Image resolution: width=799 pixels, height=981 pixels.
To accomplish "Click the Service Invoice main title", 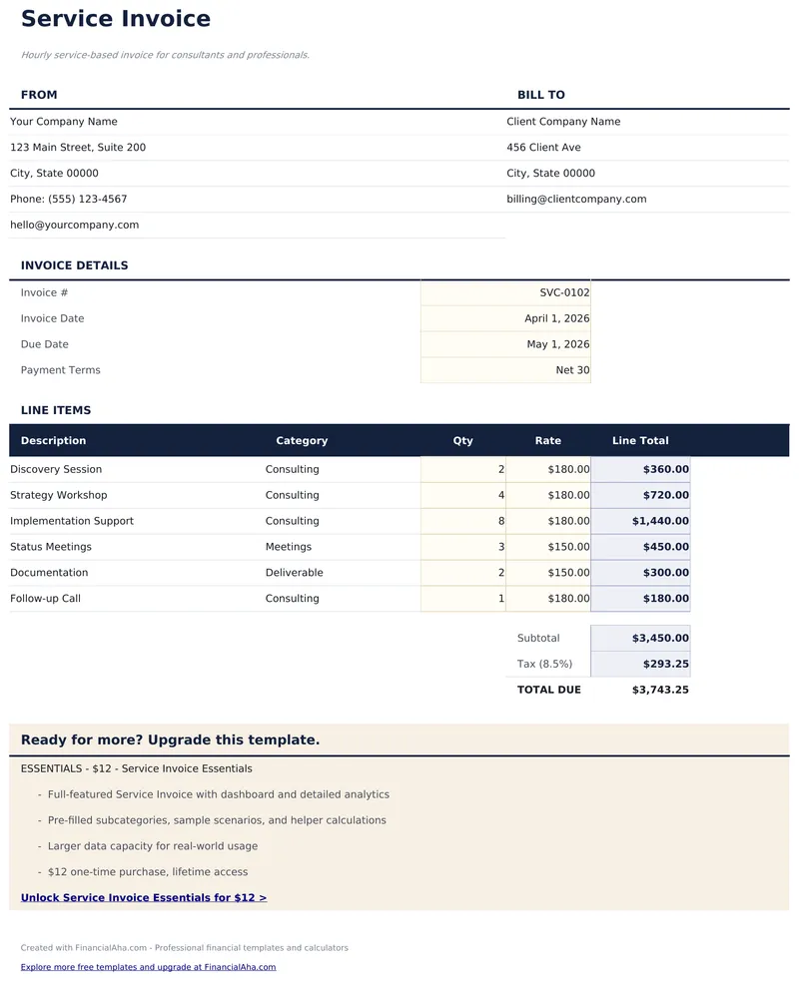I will (x=116, y=19).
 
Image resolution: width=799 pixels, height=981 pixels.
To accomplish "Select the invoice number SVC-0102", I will (x=564, y=293).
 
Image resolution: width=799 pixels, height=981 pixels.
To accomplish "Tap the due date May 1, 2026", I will (x=558, y=345).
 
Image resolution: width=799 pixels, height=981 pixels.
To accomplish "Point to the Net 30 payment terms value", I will (x=572, y=371).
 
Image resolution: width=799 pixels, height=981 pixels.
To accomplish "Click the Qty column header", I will (x=462, y=441).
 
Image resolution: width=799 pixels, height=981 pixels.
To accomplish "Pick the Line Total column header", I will (x=640, y=441).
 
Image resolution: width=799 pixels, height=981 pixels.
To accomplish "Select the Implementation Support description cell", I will (x=72, y=522).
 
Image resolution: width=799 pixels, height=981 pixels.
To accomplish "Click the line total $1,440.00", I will (x=660, y=522).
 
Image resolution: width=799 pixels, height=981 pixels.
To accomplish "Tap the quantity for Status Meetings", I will (x=500, y=548).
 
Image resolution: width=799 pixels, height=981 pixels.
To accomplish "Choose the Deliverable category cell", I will (x=294, y=574).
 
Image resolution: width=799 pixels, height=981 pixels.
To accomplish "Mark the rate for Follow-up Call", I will (x=568, y=600).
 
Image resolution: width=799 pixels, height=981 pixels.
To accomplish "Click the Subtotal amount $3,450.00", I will (x=660, y=639).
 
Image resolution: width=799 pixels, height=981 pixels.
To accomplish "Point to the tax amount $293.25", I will (x=665, y=665).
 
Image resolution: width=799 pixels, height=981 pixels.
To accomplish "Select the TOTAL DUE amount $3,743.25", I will (x=660, y=691).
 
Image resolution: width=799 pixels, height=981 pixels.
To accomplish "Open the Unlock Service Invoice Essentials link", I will (x=144, y=898).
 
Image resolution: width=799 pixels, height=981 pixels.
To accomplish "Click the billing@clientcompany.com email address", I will (x=576, y=200).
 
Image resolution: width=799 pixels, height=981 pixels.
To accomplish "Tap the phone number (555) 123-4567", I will (x=88, y=200).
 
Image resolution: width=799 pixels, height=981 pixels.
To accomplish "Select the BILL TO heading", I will (x=541, y=96).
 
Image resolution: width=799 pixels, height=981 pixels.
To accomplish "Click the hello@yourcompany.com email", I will (x=75, y=226).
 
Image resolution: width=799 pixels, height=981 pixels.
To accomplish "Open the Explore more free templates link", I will (x=148, y=968).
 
